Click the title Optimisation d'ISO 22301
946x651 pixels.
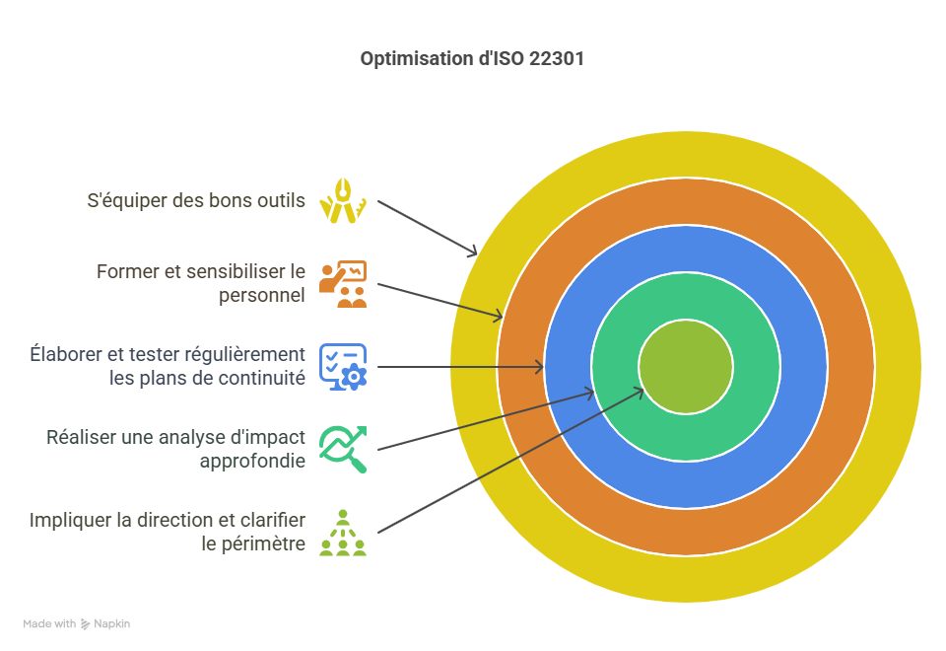(472, 59)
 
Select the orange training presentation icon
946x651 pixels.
(343, 284)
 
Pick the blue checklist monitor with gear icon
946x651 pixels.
(343, 366)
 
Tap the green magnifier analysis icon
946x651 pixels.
(343, 449)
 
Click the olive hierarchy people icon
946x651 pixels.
(343, 533)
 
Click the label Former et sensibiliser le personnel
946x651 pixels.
(201, 283)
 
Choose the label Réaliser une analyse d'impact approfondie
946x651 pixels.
(176, 449)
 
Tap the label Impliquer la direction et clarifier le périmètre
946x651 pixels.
(168, 532)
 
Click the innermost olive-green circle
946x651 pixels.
(686, 367)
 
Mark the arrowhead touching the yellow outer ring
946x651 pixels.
(474, 253)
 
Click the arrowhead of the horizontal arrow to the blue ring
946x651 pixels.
(540, 367)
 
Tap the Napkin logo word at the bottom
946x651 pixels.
(111, 623)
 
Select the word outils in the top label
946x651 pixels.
(284, 201)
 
